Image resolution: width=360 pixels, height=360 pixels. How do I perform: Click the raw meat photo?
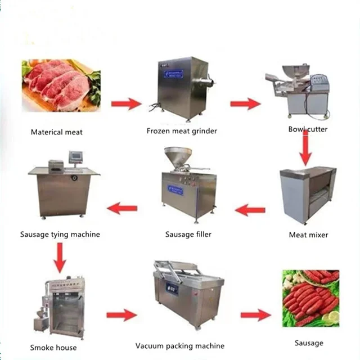pyautogui.click(x=61, y=85)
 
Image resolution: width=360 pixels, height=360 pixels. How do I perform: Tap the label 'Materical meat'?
pyautogui.click(x=56, y=132)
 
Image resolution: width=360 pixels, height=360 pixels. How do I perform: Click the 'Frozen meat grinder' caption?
pyautogui.click(x=182, y=131)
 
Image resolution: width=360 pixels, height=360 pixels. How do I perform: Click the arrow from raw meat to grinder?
pyautogui.click(x=125, y=103)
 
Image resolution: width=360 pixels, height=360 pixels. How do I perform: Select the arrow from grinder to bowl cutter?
pyautogui.click(x=245, y=103)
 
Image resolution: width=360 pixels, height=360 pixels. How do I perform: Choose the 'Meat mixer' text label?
pyautogui.click(x=308, y=235)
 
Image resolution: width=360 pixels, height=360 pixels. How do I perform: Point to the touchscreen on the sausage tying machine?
pyautogui.click(x=76, y=157)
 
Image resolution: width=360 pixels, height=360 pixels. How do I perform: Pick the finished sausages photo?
pyautogui.click(x=310, y=298)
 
